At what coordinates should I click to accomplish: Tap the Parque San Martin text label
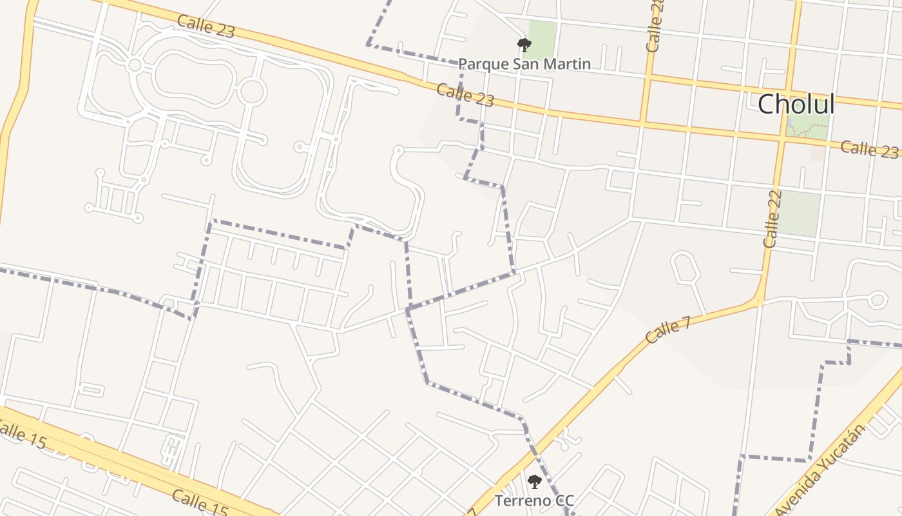tap(524, 63)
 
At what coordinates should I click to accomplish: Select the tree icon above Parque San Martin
tap(524, 45)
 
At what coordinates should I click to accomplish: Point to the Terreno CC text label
tap(533, 500)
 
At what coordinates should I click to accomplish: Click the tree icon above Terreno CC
tap(534, 481)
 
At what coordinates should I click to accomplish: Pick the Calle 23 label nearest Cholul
tap(869, 149)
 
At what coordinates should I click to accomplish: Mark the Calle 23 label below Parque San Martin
tap(465, 95)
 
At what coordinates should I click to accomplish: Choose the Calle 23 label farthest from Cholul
tap(206, 26)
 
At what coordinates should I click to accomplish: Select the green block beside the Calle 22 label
tap(801, 213)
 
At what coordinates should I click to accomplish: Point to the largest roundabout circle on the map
tap(252, 92)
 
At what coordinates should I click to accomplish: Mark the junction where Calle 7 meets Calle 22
tap(759, 300)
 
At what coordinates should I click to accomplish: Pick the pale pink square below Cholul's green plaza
tap(818, 154)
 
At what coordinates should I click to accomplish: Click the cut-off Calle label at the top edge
tap(655, 26)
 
